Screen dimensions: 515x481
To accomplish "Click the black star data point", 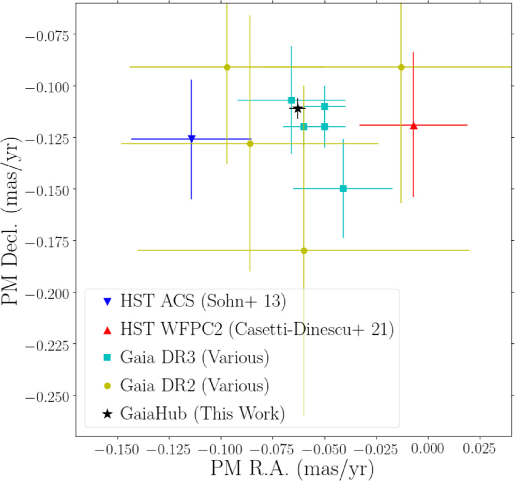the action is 297,108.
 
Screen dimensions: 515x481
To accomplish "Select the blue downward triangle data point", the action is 191,138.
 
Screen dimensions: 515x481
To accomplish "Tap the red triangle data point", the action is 414,125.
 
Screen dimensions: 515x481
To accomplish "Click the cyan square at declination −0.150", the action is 343,188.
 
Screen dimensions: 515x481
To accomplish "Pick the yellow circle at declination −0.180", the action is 304,251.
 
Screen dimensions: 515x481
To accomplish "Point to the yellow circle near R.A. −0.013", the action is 401,67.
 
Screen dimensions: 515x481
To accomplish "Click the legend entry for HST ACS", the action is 203,301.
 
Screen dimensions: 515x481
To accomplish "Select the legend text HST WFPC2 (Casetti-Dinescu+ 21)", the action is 257,329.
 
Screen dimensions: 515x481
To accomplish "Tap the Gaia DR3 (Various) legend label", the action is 195,357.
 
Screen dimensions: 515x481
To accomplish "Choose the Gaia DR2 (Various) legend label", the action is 195,385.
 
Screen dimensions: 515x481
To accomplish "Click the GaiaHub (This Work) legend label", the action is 202,414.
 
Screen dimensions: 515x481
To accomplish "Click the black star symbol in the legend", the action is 107,414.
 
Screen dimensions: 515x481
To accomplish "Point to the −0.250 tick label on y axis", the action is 47,397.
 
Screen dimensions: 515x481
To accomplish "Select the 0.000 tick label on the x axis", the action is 428,448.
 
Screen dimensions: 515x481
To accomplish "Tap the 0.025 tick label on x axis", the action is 479,448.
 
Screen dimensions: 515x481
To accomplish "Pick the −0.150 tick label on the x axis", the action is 117,449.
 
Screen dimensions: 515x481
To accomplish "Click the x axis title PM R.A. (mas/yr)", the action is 292,468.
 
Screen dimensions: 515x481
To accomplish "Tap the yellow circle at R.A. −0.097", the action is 227,67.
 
